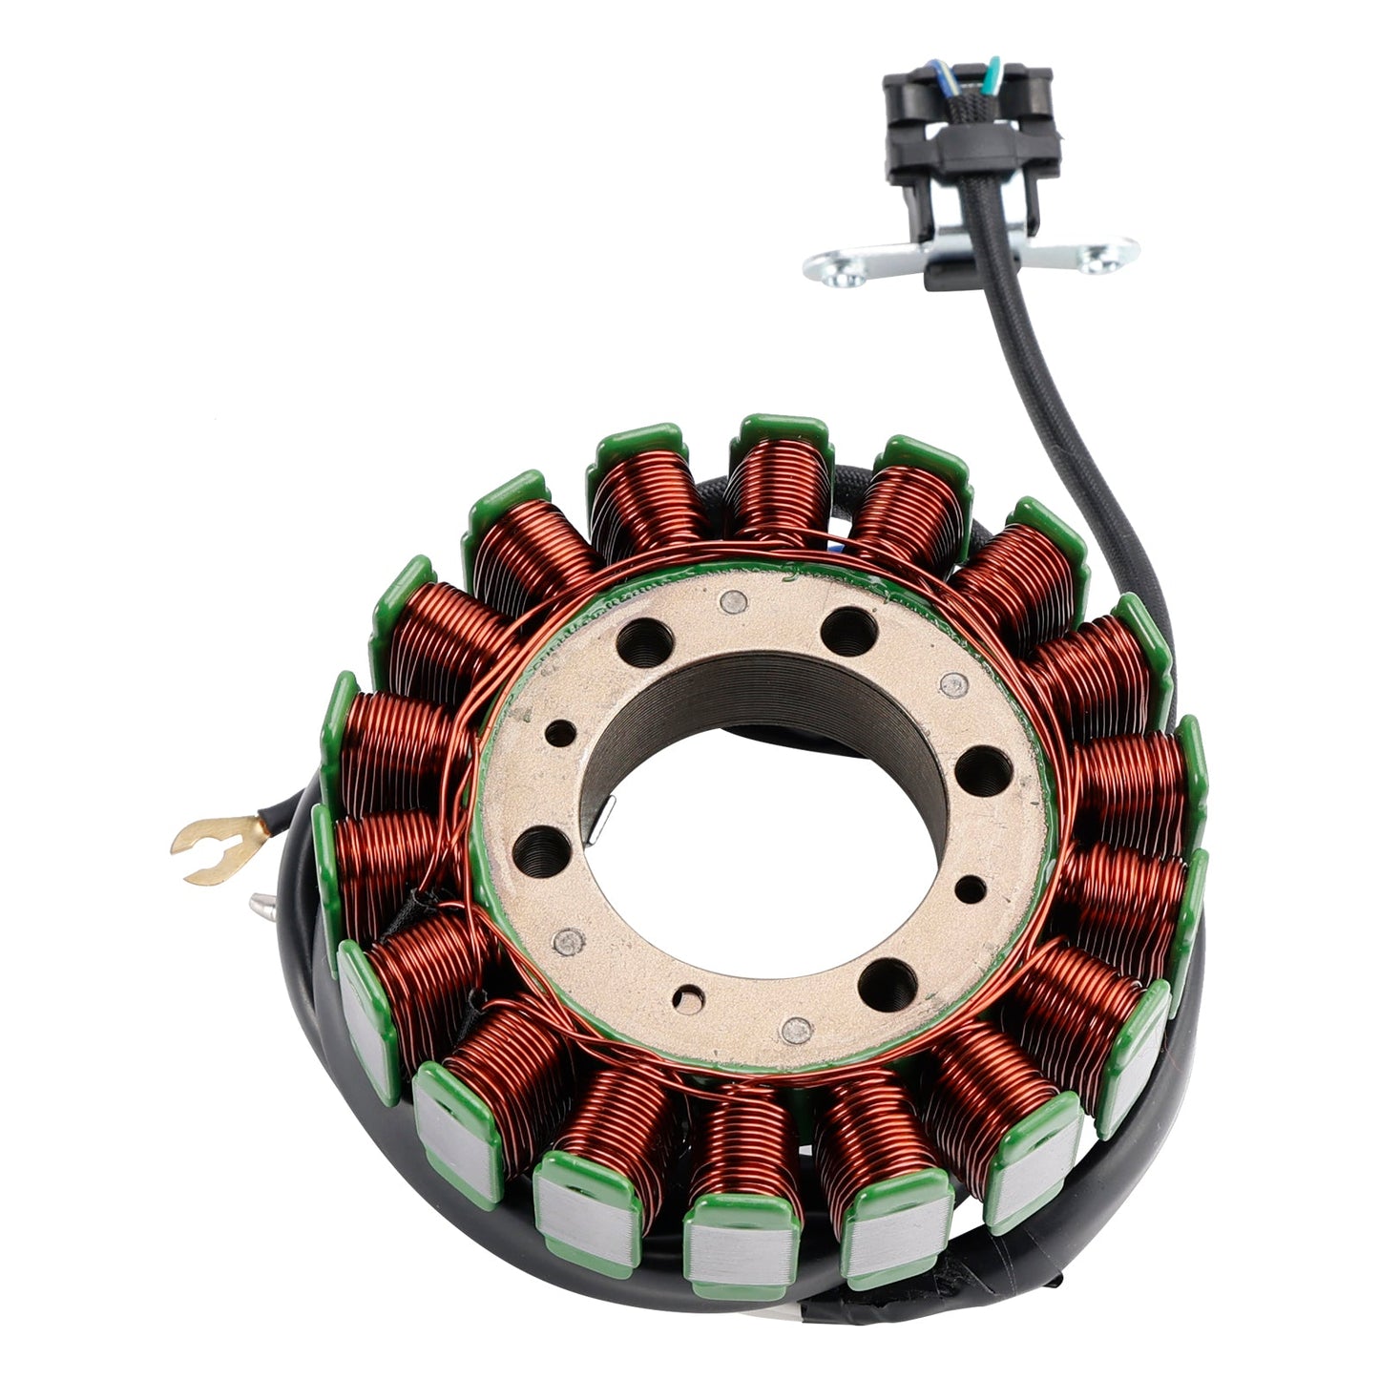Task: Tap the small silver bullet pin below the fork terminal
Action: click(261, 903)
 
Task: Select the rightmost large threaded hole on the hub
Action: click(983, 767)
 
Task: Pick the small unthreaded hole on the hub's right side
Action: click(970, 888)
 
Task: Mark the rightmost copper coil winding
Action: click(1131, 792)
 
